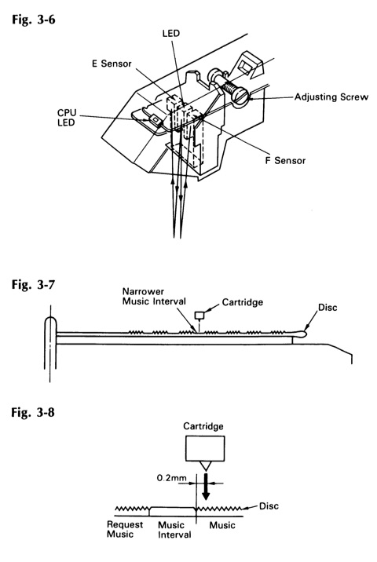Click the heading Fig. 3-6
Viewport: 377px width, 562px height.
coord(33,19)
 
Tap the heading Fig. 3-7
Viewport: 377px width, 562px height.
coord(33,284)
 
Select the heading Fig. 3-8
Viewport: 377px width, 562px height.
coord(33,412)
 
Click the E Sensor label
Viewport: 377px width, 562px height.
coord(112,64)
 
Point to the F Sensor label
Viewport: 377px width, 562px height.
coord(285,160)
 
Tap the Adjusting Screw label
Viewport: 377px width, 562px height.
coord(331,97)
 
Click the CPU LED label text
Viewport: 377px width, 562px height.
coord(67,118)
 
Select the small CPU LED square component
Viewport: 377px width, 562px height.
coord(156,119)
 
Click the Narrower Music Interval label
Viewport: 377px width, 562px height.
coord(154,296)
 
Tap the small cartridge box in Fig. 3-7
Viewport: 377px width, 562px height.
coord(199,315)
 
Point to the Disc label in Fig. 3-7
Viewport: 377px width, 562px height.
coord(328,308)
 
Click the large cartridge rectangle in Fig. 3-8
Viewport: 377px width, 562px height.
coord(205,448)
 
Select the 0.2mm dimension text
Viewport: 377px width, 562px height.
coord(171,478)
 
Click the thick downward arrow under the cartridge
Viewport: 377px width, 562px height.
coord(206,487)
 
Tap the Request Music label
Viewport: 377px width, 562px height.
coord(124,529)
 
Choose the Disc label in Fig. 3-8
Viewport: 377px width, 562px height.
coord(269,506)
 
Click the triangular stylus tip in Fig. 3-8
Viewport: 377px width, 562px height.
coord(205,466)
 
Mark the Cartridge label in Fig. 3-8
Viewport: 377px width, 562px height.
coord(203,426)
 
